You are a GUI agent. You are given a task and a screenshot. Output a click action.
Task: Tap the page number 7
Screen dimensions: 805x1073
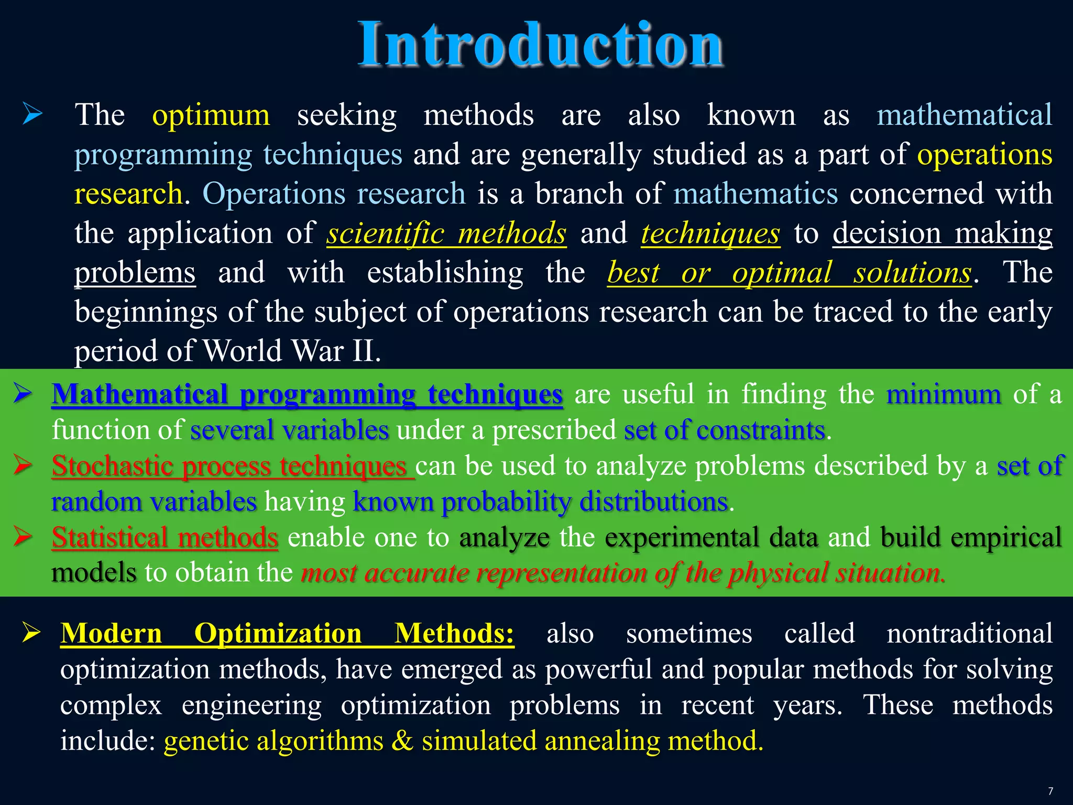tap(1050, 791)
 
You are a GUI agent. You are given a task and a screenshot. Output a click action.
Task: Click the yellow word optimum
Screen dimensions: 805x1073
tap(211, 115)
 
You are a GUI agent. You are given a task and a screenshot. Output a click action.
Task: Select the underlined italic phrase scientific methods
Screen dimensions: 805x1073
tap(446, 233)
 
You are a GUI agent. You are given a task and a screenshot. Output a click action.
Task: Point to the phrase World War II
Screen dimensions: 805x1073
tap(291, 351)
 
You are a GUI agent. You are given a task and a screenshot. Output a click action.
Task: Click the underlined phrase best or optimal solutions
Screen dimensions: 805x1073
tap(789, 273)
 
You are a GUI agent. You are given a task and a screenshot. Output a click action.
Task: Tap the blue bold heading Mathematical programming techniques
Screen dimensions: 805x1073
tap(307, 394)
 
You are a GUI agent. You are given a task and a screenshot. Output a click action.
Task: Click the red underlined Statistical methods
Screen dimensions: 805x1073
tap(165, 537)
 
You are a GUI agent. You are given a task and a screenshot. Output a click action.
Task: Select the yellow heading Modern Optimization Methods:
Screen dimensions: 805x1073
tap(287, 634)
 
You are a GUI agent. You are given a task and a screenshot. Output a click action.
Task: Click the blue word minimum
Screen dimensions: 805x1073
tap(943, 394)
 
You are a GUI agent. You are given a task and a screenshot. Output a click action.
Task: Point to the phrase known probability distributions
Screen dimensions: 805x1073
tap(540, 502)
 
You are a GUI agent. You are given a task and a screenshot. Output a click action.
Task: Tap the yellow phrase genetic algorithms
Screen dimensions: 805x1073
tap(273, 741)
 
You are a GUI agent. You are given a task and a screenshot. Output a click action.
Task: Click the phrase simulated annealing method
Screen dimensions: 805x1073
tap(592, 741)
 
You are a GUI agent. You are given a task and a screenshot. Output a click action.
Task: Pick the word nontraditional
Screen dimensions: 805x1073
tap(969, 634)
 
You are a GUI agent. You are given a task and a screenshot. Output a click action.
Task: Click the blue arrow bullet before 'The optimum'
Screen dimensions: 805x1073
tap(32, 114)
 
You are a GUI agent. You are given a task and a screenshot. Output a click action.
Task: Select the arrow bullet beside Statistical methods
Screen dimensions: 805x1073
tap(24, 536)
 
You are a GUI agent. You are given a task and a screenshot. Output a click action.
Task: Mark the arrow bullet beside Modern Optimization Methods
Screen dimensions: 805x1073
tap(31, 633)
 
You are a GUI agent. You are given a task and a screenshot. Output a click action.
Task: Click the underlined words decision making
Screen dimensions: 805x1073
tap(942, 233)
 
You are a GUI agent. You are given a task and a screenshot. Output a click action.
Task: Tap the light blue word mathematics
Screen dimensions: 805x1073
tap(756, 194)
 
